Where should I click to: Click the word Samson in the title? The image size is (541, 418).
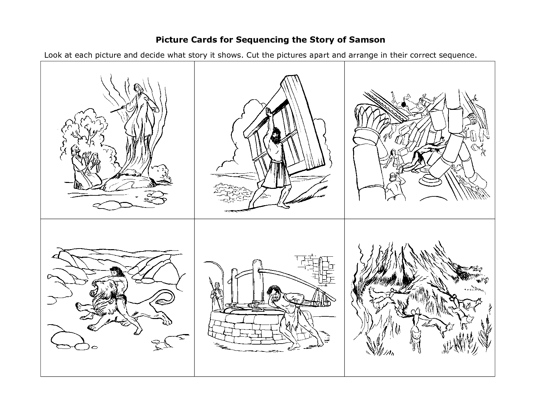367,40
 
